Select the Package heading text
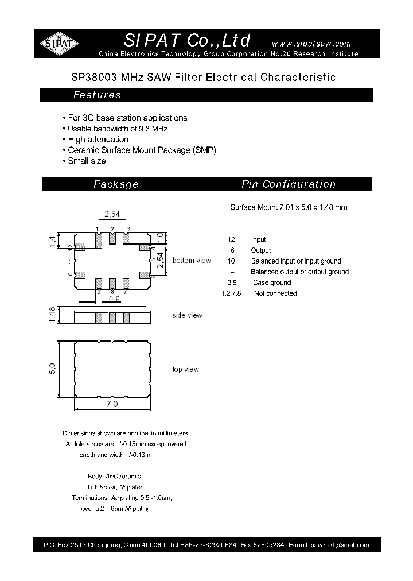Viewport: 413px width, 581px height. pyautogui.click(x=116, y=184)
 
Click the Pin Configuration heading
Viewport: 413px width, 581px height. pyautogui.click(x=289, y=184)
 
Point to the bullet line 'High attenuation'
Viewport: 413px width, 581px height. pyautogui.click(x=98, y=140)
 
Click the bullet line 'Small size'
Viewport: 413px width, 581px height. pyautogui.click(x=87, y=161)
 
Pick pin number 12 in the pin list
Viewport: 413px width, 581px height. pyautogui.click(x=231, y=239)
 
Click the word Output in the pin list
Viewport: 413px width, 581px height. pyautogui.click(x=261, y=250)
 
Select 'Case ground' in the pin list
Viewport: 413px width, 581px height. pyautogui.click(x=272, y=282)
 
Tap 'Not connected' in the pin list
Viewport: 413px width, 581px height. pyautogui.click(x=275, y=293)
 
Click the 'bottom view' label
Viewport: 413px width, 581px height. pyautogui.click(x=192, y=261)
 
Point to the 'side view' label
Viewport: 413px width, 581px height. pyautogui.click(x=187, y=316)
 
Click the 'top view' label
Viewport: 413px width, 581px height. pyautogui.click(x=186, y=370)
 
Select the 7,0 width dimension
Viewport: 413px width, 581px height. pyautogui.click(x=112, y=405)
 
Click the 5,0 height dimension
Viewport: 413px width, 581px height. pyautogui.click(x=52, y=367)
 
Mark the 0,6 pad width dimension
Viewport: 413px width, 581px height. pyautogui.click(x=114, y=299)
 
